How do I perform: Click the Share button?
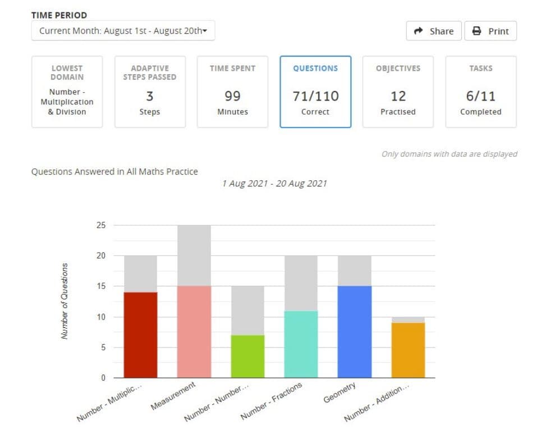434,31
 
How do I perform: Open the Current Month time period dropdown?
123,31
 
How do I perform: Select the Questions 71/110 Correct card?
315,92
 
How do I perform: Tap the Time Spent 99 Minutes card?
232,92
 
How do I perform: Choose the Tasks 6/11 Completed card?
481,92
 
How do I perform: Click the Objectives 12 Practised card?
398,92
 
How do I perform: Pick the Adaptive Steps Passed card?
150,92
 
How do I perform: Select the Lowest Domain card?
67,92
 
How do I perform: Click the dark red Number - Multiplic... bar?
140,335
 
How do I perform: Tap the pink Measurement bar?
194,332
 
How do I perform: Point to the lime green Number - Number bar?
247,356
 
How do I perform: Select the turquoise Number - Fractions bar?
301,344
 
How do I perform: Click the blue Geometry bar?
355,332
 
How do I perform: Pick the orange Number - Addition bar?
408,350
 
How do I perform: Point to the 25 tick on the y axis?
101,225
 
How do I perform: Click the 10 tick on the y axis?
101,317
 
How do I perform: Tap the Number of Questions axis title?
65,301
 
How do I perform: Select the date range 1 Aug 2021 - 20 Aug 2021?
274,184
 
